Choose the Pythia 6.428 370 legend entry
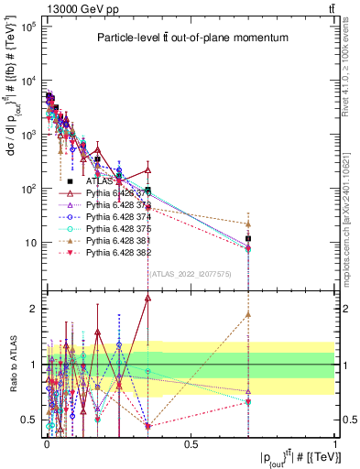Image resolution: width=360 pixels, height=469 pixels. click(x=115, y=194)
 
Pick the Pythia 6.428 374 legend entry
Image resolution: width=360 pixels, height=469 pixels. click(x=115, y=218)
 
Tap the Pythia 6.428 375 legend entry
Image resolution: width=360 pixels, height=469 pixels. click(x=115, y=229)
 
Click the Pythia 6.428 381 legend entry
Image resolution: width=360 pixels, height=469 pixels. click(x=115, y=241)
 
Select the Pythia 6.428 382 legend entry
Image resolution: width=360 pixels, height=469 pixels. click(x=115, y=253)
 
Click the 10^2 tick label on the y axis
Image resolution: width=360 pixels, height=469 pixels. click(x=28, y=189)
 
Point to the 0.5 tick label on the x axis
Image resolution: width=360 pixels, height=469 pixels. click(x=191, y=444)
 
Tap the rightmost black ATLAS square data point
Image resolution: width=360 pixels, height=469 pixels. click(x=248, y=239)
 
